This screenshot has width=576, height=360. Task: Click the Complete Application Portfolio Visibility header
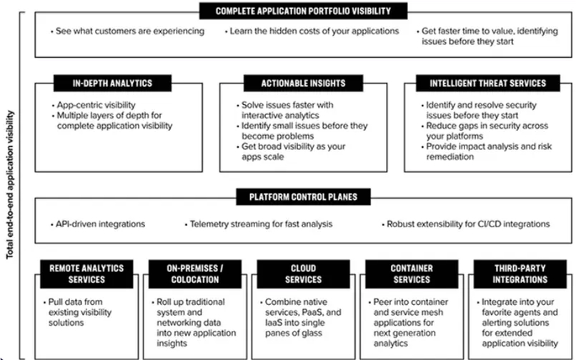(303, 11)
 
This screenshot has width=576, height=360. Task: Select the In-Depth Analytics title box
(112, 84)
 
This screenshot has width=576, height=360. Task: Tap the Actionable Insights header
(303, 84)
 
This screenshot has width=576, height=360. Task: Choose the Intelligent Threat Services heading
(488, 84)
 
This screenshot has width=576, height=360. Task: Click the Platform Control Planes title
(303, 197)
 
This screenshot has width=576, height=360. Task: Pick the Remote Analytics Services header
(86, 274)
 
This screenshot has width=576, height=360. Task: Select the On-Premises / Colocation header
(195, 274)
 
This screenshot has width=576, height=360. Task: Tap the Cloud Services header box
(304, 274)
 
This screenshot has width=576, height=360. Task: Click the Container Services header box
(412, 274)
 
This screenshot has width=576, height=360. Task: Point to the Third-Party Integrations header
(520, 274)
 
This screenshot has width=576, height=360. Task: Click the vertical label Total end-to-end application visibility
(10, 185)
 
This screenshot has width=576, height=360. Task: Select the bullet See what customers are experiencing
(127, 31)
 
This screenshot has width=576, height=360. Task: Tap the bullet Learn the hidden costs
(312, 31)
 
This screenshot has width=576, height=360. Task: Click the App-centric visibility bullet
(94, 105)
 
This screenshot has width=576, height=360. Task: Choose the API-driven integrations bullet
(98, 224)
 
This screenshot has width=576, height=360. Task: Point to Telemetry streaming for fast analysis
(259, 224)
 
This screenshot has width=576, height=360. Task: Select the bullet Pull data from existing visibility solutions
(77, 312)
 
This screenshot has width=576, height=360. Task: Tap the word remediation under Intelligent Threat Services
(450, 157)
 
